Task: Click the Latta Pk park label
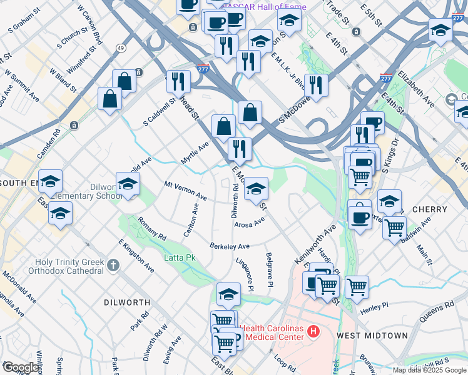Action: (180, 257)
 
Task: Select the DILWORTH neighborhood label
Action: (127, 302)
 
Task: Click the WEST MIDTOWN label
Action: (372, 336)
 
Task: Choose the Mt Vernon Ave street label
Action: (185, 191)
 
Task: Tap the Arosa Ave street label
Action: (250, 222)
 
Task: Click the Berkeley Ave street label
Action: (230, 246)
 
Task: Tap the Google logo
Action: (21, 367)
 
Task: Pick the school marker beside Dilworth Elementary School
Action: (128, 185)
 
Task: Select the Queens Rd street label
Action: (436, 311)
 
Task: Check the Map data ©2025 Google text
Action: (429, 370)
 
